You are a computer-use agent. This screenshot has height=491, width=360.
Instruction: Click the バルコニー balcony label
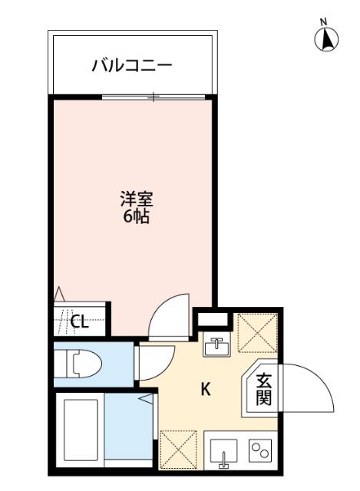point(132,65)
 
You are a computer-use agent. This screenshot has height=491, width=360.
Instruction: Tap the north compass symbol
point(327,38)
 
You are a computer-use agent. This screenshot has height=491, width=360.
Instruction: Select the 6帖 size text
point(137,216)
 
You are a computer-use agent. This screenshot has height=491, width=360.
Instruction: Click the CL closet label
point(79,321)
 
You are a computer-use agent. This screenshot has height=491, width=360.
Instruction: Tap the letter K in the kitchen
point(205,389)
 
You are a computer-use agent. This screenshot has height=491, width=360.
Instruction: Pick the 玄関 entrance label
point(263,389)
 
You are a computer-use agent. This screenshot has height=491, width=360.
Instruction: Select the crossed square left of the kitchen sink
point(177,449)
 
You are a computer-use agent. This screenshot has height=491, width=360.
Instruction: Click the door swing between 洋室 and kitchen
point(168,316)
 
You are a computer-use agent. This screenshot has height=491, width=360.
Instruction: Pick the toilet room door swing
point(154,361)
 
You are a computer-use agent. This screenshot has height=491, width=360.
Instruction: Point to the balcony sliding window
point(154,97)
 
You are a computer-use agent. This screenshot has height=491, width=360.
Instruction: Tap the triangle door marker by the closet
point(59,293)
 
